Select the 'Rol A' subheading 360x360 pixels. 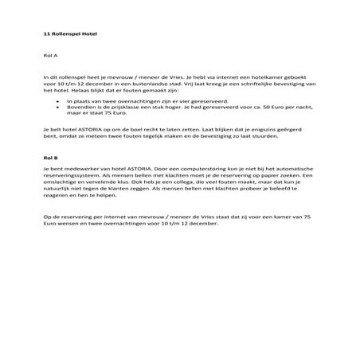point(50,57)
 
